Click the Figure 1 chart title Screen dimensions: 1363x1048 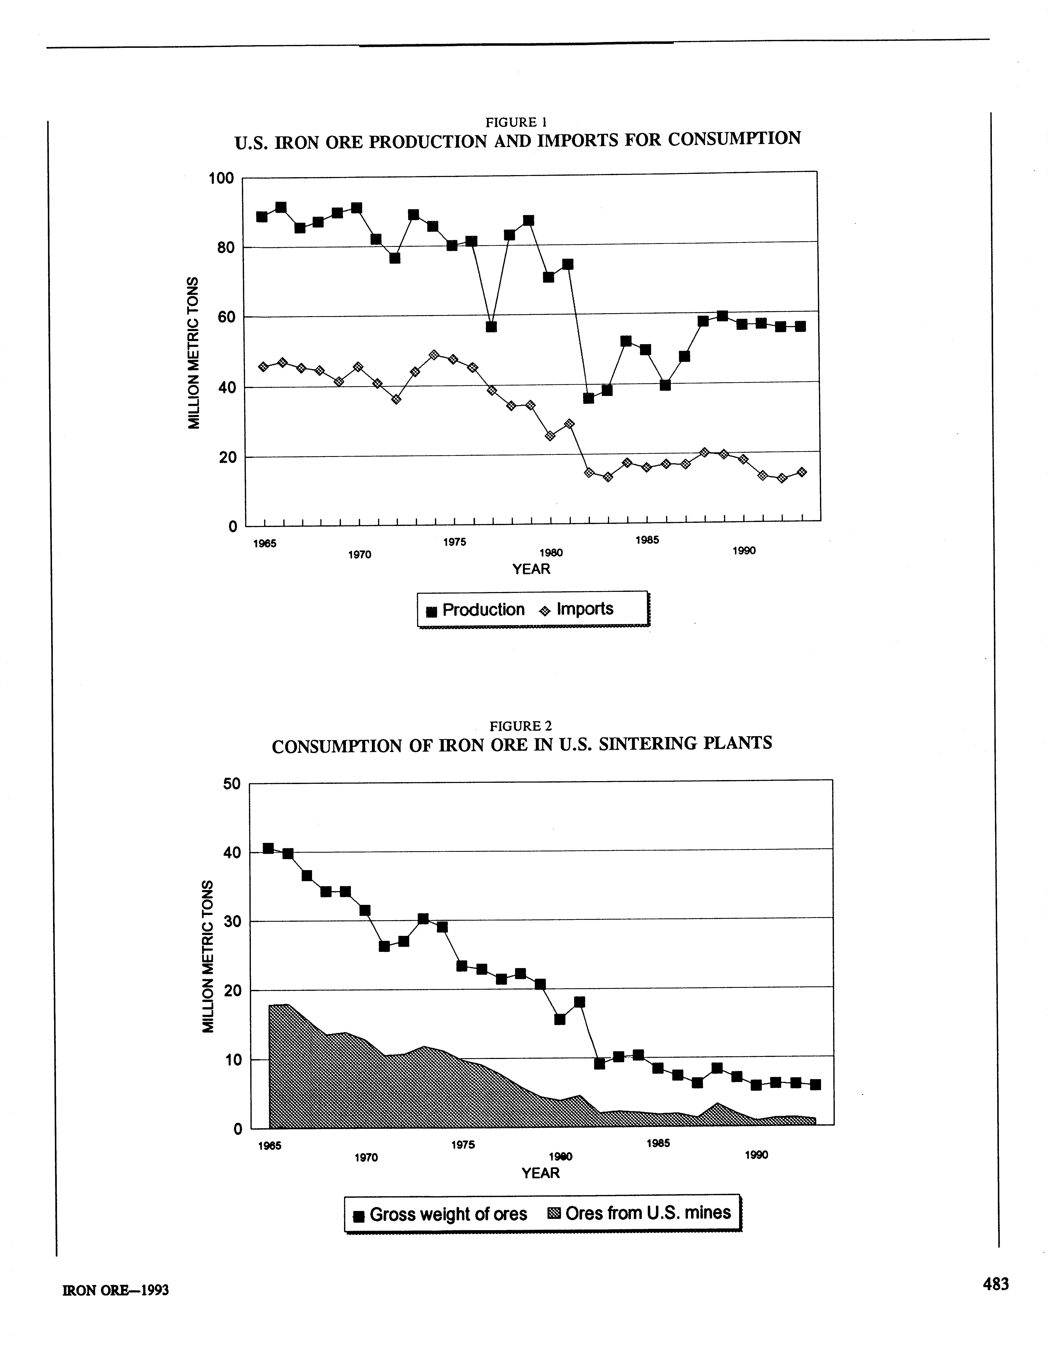pos(517,140)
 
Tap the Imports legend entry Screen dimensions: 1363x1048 pos(577,609)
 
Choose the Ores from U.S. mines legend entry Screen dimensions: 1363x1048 pos(639,1213)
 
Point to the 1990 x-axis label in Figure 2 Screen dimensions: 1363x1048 pos(756,1155)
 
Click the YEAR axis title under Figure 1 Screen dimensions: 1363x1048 pos(531,569)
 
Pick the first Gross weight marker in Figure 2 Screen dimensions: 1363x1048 pos(268,848)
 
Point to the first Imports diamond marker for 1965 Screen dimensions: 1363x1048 pos(263,367)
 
